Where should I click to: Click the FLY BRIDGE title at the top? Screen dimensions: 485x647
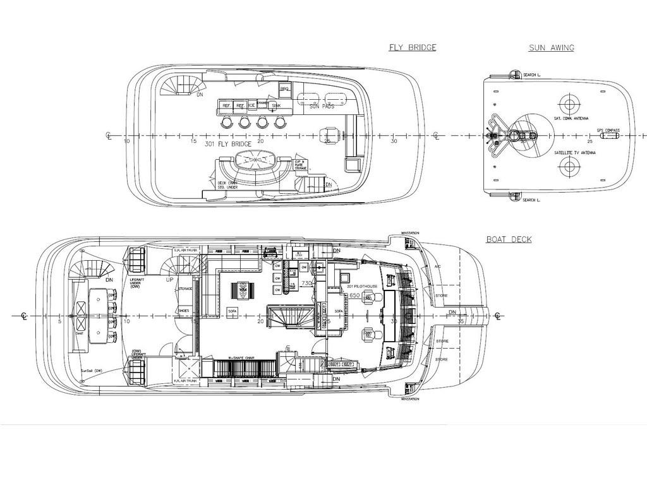[412, 47]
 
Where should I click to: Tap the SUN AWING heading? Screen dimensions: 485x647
[551, 48]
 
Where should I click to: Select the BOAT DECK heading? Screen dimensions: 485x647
[509, 239]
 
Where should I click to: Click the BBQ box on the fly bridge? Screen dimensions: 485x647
[284, 90]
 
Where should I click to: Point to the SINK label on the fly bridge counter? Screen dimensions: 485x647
[276, 105]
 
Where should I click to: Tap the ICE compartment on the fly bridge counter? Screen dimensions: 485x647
[251, 105]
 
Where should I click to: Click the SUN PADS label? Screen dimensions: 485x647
[322, 107]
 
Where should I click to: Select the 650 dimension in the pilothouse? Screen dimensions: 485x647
[354, 295]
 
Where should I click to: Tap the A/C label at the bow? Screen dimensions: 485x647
[437, 266]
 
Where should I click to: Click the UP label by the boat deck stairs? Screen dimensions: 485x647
[169, 278]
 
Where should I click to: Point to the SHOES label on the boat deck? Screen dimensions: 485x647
[183, 310]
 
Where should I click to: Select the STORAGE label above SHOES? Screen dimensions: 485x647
[185, 289]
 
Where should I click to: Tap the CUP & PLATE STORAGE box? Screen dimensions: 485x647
[300, 165]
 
